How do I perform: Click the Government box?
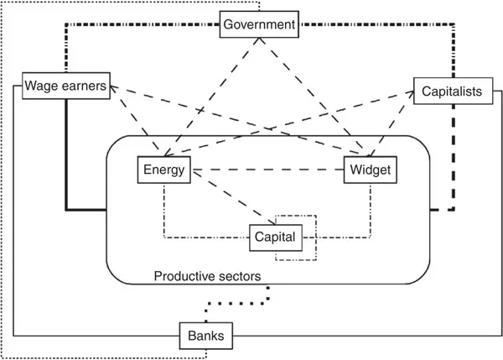coord(259,24)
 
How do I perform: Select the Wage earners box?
coord(65,86)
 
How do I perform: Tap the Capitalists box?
coord(449,91)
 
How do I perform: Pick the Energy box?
coord(163,170)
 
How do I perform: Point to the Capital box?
coord(274,237)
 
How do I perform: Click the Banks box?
coord(205,337)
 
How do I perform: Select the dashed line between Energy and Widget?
coord(268,170)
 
